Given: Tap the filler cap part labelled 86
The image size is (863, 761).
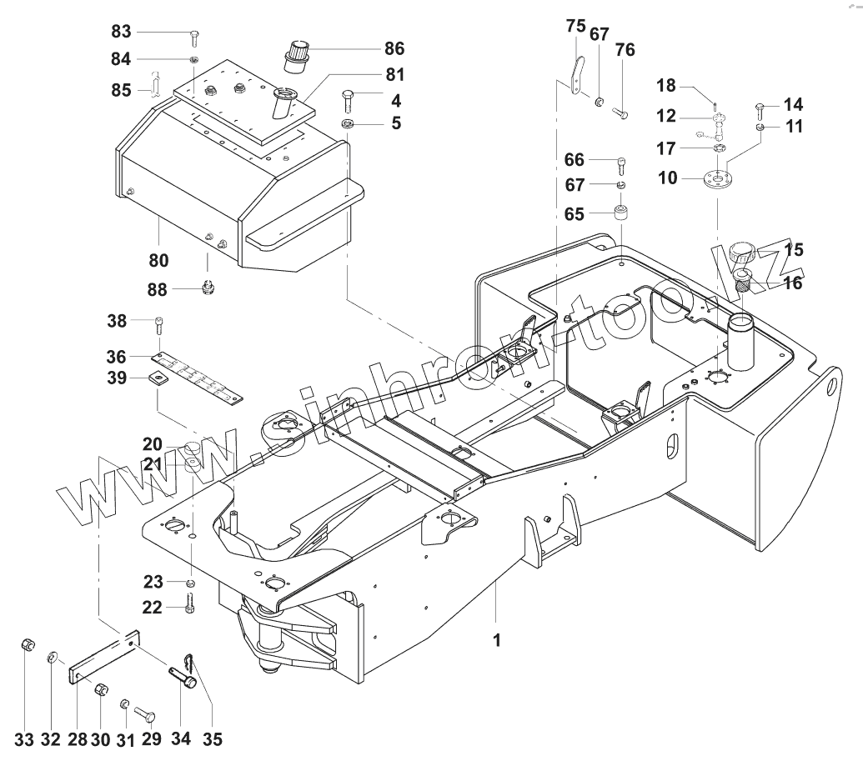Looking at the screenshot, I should pos(296,54).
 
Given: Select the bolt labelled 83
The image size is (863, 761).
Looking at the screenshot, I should pos(193,37).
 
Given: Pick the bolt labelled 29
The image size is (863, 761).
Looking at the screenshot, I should pos(146,714).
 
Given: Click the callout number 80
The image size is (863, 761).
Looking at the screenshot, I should pos(158,261).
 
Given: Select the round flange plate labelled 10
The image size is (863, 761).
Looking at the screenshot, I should pos(715,180).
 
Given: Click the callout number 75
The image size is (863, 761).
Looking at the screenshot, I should pos(576,27).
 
